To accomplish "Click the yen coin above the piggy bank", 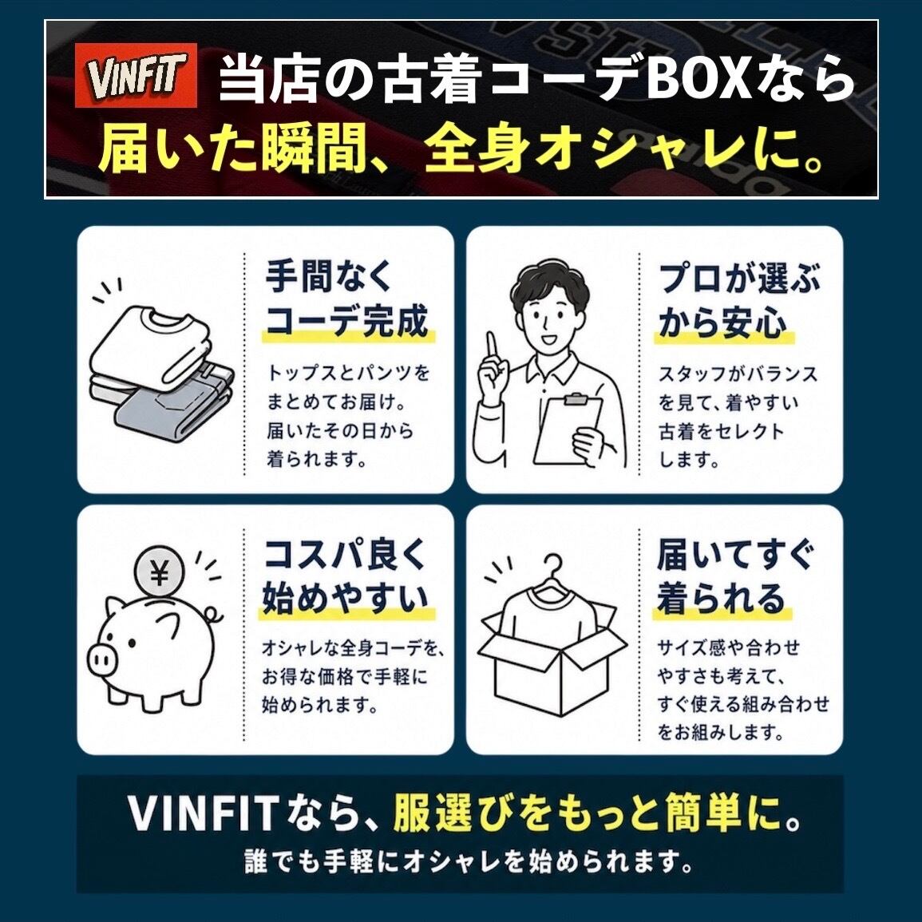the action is click(x=160, y=572).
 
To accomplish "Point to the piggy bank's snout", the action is click(x=101, y=659).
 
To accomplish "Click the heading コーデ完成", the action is click(x=347, y=321).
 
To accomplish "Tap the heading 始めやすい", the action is click(x=346, y=597).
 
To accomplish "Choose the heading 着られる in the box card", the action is click(x=722, y=597).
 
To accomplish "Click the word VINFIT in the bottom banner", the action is click(x=203, y=813).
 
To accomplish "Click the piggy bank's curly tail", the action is click(x=214, y=615).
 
